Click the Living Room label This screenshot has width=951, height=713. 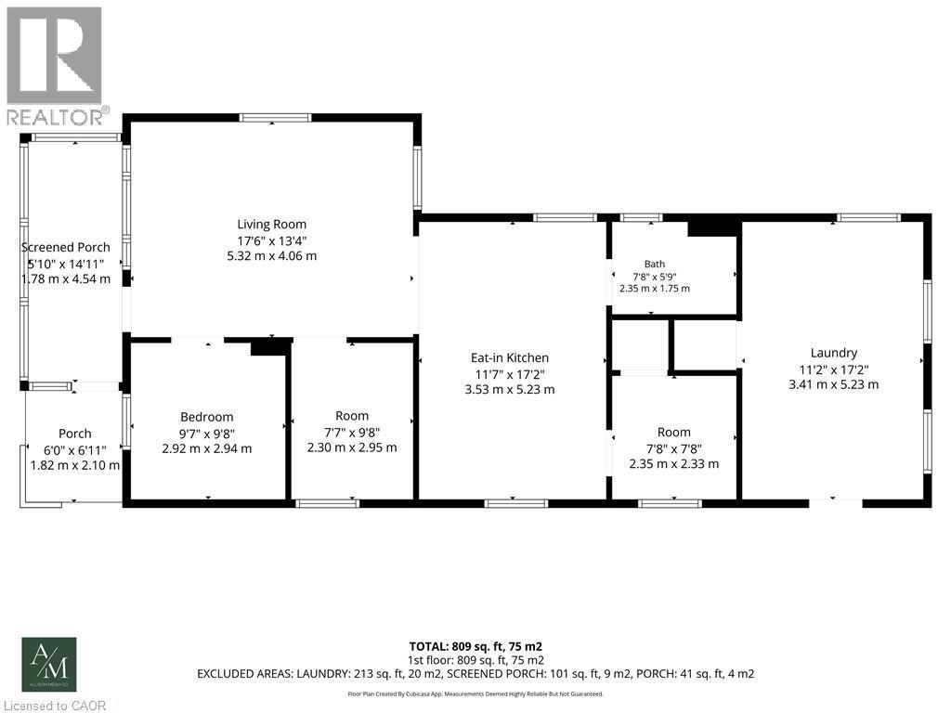pyautogui.click(x=271, y=225)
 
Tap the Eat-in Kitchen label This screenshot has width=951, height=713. pyautogui.click(x=510, y=357)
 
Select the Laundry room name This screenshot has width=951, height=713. pyautogui.click(x=833, y=353)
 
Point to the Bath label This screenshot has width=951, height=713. pyautogui.click(x=655, y=264)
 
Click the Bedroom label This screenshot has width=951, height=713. pyautogui.click(x=207, y=417)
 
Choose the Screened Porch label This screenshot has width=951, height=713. pyautogui.click(x=66, y=247)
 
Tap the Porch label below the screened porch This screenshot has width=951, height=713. pyautogui.click(x=74, y=434)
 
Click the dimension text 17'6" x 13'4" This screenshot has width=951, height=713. pyautogui.click(x=272, y=240)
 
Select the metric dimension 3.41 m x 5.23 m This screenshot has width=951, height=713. pyautogui.click(x=833, y=384)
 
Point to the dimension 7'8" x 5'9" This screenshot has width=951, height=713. pyautogui.click(x=655, y=277)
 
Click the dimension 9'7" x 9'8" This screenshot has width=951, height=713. pyautogui.click(x=207, y=433)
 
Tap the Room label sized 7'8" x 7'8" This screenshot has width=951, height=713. pyautogui.click(x=674, y=433)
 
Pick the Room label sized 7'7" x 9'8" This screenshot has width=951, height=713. pyautogui.click(x=352, y=416)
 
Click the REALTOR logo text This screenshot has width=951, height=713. pyautogui.click(x=55, y=117)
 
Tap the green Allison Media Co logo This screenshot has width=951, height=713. pyautogui.click(x=49, y=665)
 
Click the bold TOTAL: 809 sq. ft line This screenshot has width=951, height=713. pyautogui.click(x=475, y=646)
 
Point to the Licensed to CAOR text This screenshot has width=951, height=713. pyautogui.click(x=55, y=706)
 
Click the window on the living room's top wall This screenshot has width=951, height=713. pyautogui.click(x=275, y=118)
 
